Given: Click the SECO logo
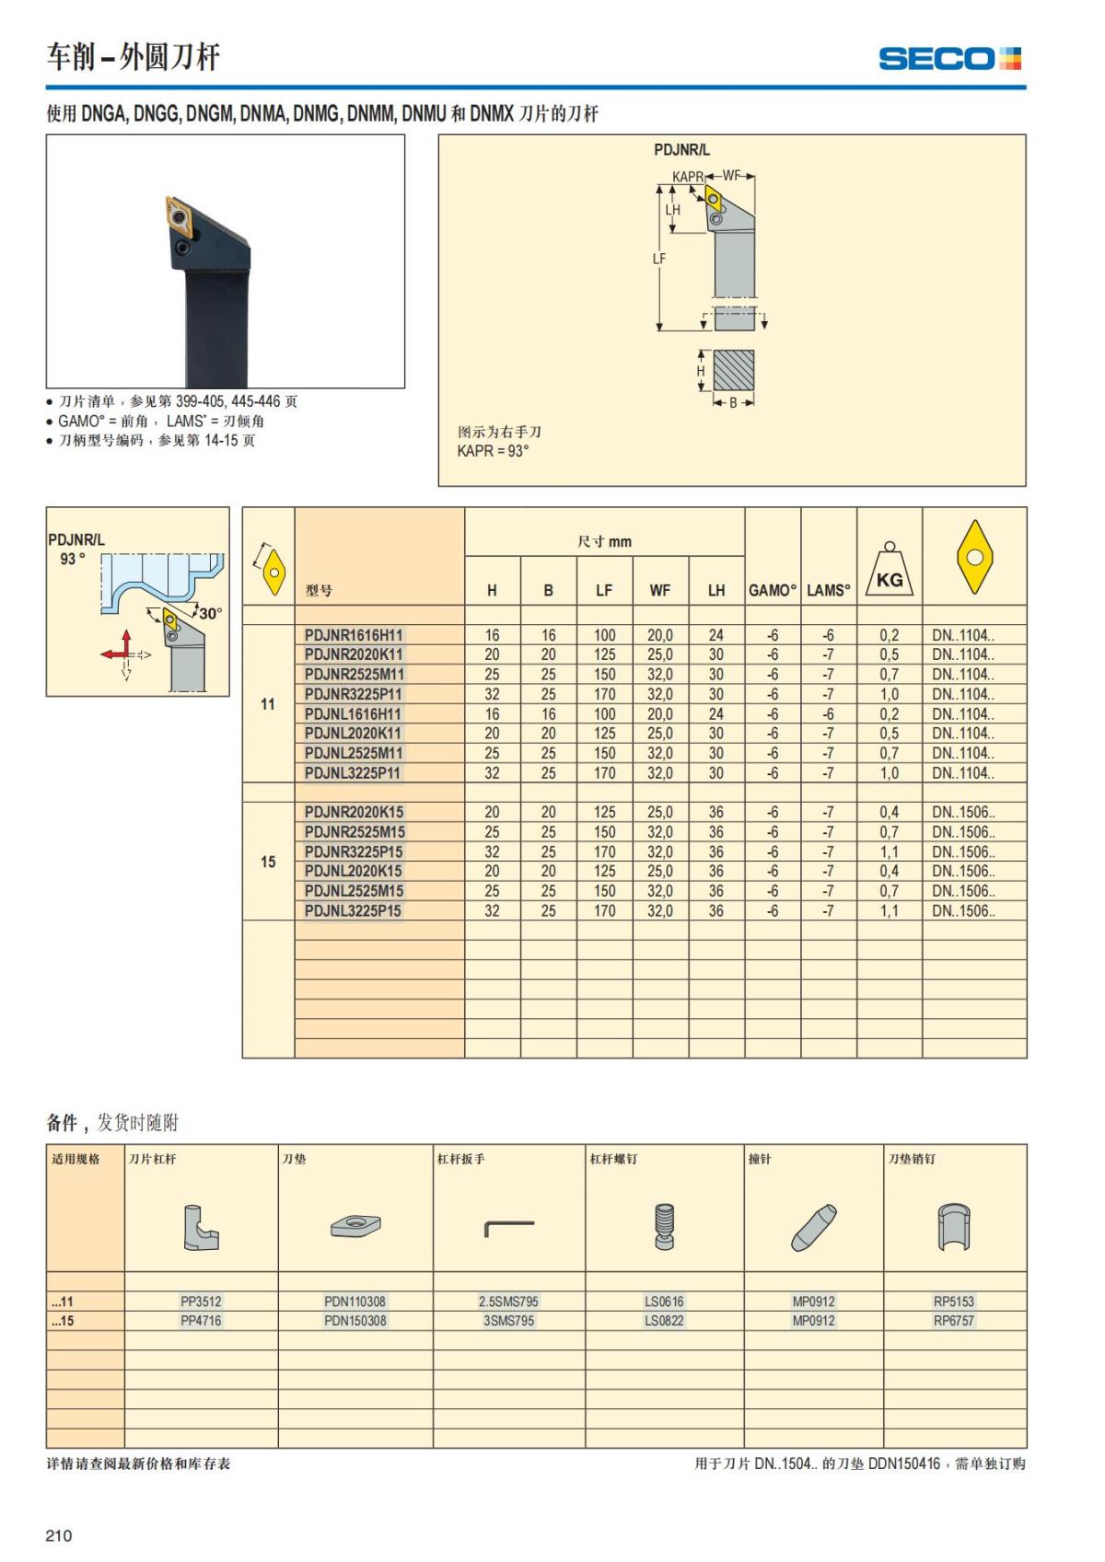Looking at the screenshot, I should point(949,59).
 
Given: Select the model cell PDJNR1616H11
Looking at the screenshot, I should point(354,635).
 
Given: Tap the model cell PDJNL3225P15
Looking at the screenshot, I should point(354,911).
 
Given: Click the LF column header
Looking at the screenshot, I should point(604,591).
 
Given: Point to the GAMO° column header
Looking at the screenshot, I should point(773,591).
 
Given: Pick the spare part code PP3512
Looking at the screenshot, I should point(201,1302).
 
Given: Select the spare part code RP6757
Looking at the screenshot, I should point(954,1321).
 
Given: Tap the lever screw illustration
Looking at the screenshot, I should point(664,1226).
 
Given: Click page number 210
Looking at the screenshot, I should point(58,1535).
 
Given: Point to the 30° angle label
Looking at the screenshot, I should point(211,614).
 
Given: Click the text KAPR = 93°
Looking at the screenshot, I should point(494,451).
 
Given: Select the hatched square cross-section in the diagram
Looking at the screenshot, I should point(734,370).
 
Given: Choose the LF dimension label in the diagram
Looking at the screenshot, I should point(659,259).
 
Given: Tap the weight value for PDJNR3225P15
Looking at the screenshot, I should point(889,852).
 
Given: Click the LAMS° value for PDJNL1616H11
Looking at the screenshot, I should point(828,714).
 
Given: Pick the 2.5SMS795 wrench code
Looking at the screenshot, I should point(508,1302).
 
